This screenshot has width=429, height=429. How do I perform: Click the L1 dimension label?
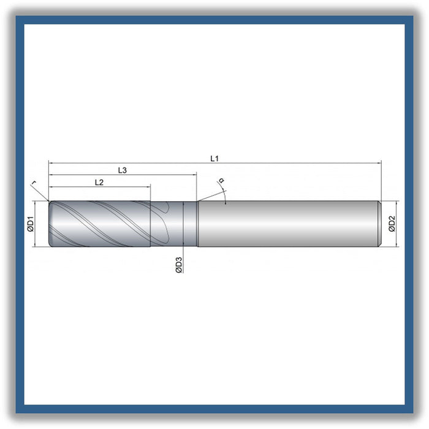pos(214,158)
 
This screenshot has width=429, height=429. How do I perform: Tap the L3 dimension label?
pos(123,170)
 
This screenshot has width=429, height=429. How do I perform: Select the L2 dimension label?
pos(99,182)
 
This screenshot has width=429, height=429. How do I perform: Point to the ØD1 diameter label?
pos(31,224)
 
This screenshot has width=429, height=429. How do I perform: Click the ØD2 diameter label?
pos(392,224)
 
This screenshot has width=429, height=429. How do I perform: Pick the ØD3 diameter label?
pos(178,265)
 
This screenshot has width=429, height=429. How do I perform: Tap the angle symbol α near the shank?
pos(221,180)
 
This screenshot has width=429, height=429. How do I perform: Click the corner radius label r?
pos(34,183)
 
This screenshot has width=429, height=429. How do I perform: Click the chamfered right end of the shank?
pos(379,224)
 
